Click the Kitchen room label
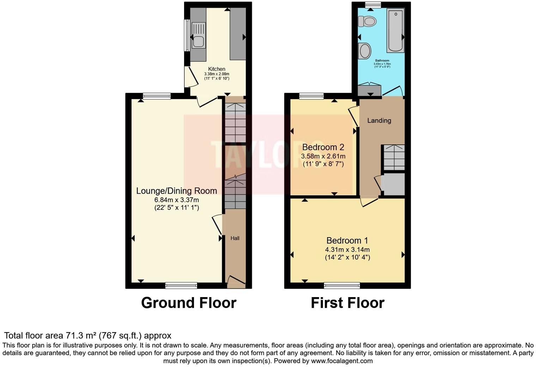click(217, 69)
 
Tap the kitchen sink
click(199, 35)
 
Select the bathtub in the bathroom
click(395, 31)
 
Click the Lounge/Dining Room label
click(176, 191)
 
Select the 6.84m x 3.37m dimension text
click(176, 200)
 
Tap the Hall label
click(235, 238)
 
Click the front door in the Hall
click(236, 281)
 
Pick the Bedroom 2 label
click(323, 147)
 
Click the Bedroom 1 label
click(347, 241)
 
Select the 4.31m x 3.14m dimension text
click(347, 249)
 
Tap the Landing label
click(379, 121)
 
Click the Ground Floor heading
click(189, 303)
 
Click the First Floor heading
click(347, 303)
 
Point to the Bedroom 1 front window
click(342, 285)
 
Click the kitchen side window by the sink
click(187, 35)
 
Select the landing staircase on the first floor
click(394, 157)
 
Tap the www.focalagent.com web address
click(342, 361)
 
